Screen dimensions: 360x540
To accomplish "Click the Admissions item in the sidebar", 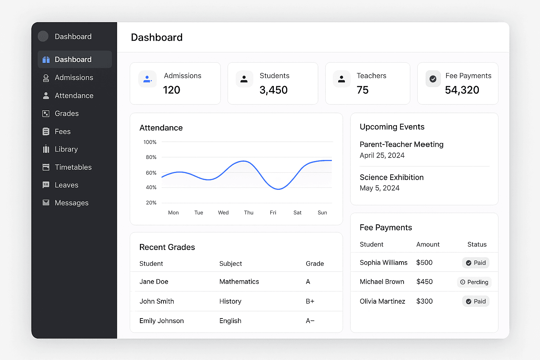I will point(73,78).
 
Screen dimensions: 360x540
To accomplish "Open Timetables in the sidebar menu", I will point(73,167).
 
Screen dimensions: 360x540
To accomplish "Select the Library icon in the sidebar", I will point(46,149).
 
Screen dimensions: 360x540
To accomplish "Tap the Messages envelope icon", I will point(46,202).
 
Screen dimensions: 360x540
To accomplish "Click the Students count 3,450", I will point(274,90).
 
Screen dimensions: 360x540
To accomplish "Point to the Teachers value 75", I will point(362,90).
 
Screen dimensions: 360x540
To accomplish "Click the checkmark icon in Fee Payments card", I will point(433,79).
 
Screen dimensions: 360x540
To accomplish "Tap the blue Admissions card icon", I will point(147,79).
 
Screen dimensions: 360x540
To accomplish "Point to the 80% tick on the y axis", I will point(151,157).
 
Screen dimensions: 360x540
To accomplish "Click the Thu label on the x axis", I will point(249,213).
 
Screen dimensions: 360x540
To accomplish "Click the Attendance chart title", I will point(161,128).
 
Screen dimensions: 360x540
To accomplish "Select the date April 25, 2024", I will point(382,155).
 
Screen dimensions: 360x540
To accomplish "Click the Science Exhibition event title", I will point(391,178).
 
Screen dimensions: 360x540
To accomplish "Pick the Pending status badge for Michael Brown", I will point(474,282).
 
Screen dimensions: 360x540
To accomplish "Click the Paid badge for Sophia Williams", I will point(476,263).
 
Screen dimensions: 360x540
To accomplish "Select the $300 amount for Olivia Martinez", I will point(424,301).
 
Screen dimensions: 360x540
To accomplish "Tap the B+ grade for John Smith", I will point(310,301).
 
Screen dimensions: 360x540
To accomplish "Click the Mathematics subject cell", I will point(239,282).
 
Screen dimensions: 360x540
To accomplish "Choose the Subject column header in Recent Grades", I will point(231,264).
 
